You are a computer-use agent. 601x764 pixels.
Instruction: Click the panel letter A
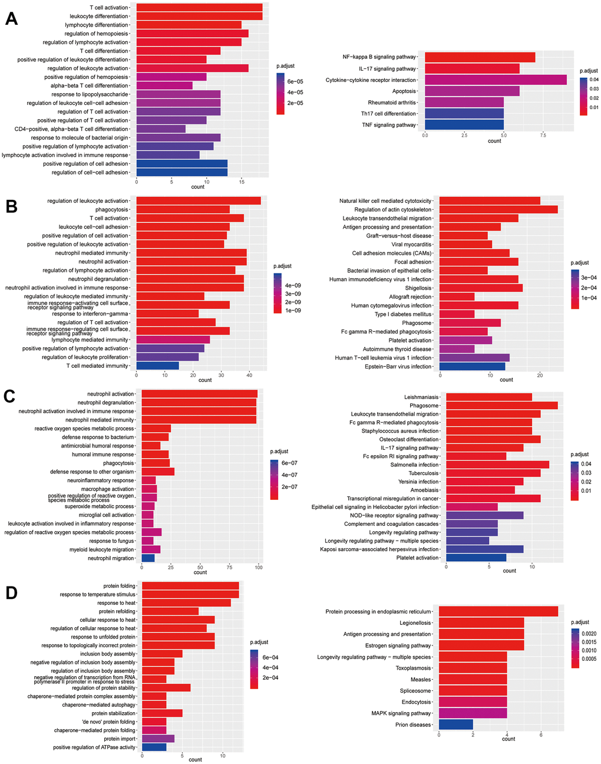tap(11, 19)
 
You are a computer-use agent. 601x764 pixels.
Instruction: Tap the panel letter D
tap(11, 592)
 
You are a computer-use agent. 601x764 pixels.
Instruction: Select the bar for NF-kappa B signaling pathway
tap(480, 57)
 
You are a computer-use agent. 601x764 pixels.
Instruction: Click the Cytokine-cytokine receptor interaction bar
tap(496, 80)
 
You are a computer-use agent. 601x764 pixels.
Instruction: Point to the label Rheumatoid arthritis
tap(392, 103)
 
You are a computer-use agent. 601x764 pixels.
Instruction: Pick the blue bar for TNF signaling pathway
tap(464, 125)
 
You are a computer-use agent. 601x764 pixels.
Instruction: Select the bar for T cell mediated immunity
tap(157, 365)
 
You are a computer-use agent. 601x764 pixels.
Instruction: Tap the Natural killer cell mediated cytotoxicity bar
tap(490, 201)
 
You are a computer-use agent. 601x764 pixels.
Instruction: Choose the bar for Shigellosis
tap(481, 288)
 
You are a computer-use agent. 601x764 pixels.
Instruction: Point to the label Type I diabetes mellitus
tap(403, 314)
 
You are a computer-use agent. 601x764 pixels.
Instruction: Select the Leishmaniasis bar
tap(488, 397)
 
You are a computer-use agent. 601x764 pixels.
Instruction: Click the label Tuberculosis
tap(424, 473)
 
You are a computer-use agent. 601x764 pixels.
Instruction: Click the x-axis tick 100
tap(259, 567)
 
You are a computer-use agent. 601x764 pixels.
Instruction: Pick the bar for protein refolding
tap(170, 611)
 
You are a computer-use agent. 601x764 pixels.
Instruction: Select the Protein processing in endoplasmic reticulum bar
tap(498, 612)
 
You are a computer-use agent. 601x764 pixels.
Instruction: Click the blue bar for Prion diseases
tap(455, 725)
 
